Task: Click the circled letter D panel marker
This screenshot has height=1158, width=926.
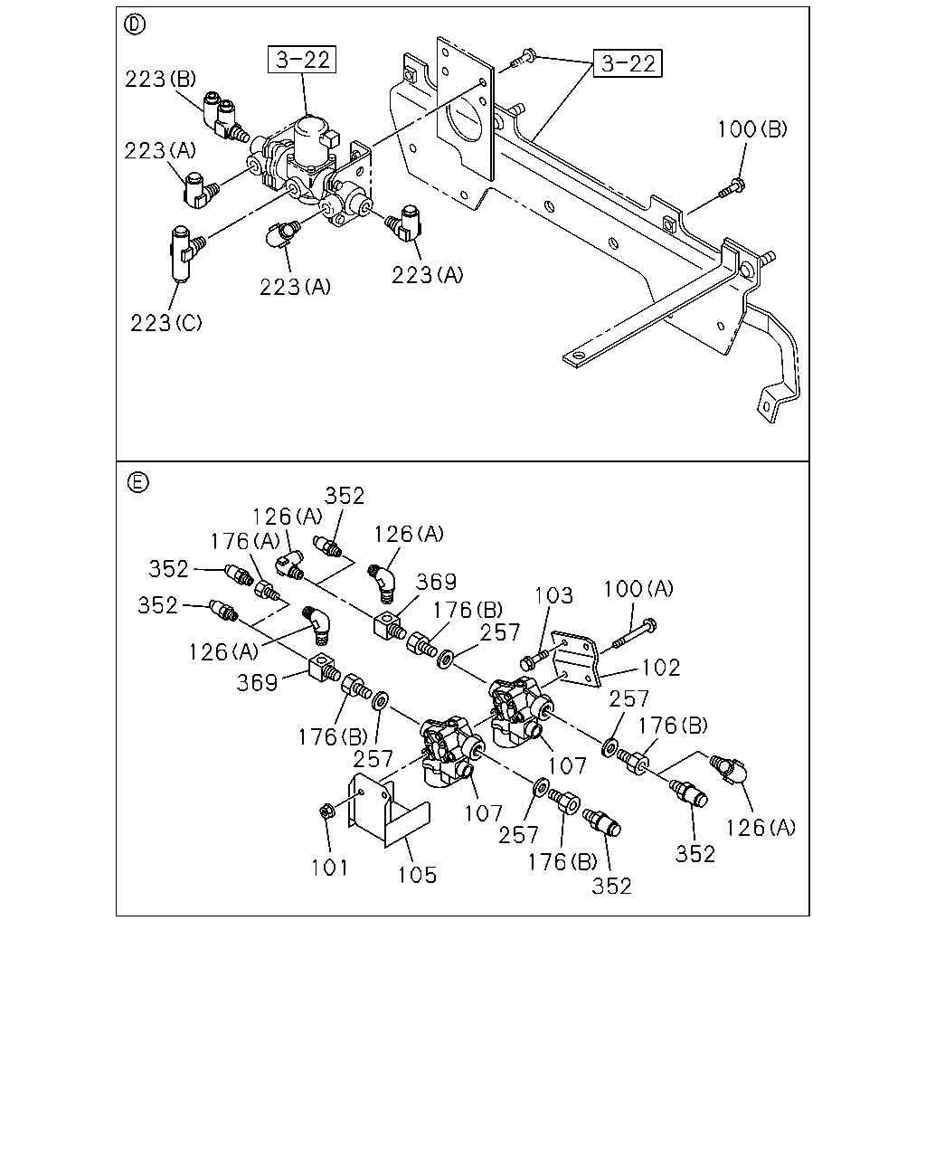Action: (x=135, y=24)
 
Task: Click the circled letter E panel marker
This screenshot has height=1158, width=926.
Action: (x=137, y=482)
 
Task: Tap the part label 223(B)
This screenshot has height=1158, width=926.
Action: (x=160, y=79)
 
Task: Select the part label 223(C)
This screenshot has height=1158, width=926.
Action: (x=165, y=323)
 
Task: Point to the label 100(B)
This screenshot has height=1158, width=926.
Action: (x=752, y=129)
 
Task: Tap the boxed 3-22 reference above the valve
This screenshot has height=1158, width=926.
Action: (x=302, y=59)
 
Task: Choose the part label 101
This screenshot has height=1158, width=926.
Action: (x=330, y=868)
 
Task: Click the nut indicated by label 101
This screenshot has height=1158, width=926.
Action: (x=326, y=812)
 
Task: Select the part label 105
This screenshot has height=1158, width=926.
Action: (x=417, y=875)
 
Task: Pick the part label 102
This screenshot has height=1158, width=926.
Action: (x=661, y=668)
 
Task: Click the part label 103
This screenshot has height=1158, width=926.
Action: (x=553, y=595)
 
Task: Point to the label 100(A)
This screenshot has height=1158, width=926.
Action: (x=638, y=589)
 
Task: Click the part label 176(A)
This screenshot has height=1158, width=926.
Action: (x=245, y=541)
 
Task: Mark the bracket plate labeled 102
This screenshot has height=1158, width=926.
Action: (x=578, y=660)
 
